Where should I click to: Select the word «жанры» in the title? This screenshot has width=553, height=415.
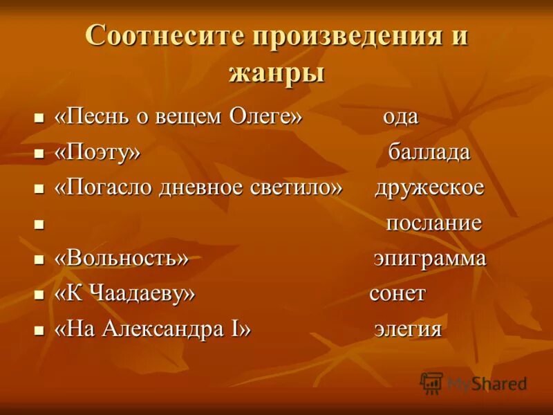276,72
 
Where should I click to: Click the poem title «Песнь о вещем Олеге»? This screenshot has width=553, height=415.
178,116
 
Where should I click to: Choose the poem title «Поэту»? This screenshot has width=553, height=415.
97,152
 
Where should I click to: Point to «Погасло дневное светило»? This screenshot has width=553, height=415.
198,188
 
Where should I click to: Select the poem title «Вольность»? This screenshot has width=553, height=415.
122,259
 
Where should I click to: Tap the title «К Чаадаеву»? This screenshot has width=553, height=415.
124,294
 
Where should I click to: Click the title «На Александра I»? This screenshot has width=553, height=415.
152,329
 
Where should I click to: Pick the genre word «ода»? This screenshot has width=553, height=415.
401,116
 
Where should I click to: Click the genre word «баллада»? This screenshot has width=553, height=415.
429,152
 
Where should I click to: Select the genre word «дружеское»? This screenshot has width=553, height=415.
429,188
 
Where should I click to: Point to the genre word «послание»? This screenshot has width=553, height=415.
433,223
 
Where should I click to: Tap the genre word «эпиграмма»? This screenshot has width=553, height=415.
429,259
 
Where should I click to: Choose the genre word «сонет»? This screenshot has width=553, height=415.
397,294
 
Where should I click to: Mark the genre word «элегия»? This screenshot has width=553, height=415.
407,329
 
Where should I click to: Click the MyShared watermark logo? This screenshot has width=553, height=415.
474,383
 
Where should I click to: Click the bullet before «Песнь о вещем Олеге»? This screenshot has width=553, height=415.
39,118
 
